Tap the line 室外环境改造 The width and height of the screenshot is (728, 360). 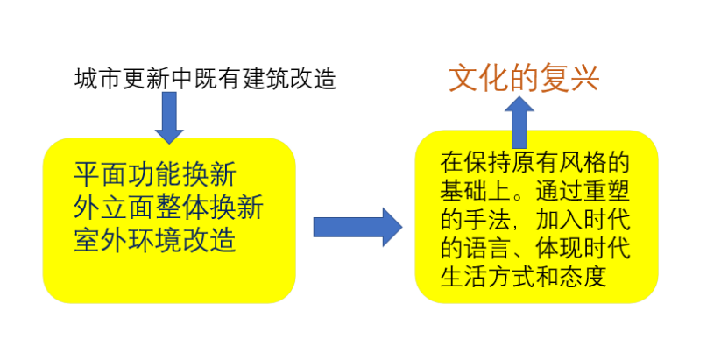(x=155, y=239)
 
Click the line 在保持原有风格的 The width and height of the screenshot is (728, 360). (x=534, y=164)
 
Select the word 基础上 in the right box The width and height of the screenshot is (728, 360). (x=479, y=192)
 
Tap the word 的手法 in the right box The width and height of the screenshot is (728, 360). (x=479, y=221)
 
